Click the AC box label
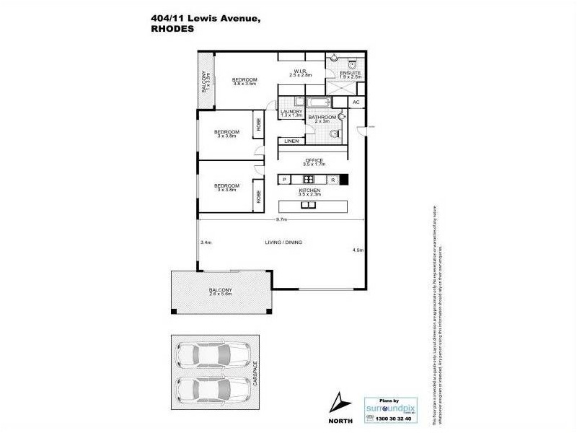(356, 103)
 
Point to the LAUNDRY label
(291, 111)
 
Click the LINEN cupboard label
(291, 141)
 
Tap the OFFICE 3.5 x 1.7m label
(314, 162)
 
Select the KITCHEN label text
(309, 191)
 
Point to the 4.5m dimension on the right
(358, 250)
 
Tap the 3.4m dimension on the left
(206, 242)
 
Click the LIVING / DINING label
(282, 242)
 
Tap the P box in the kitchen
(285, 179)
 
